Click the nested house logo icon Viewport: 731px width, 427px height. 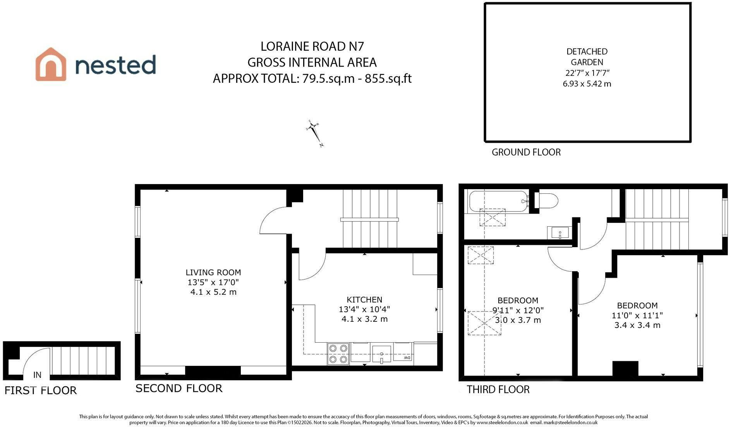click(51, 64)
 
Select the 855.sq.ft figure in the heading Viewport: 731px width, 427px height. click(388, 79)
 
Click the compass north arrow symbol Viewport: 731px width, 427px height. click(314, 133)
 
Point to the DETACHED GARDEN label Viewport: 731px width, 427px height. click(587, 57)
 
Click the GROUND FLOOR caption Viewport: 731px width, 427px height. click(526, 152)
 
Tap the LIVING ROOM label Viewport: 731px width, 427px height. click(213, 272)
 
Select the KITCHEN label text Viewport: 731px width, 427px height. click(364, 299)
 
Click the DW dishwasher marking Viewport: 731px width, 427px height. click(407, 358)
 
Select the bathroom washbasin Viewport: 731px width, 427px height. click(559, 233)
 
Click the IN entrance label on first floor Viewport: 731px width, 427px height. click(37, 375)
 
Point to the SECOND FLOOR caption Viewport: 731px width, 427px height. click(179, 388)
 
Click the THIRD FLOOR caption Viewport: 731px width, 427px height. click(498, 389)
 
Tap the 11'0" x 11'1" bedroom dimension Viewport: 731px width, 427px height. click(637, 315)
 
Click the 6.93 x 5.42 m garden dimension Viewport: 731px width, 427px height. click(587, 84)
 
